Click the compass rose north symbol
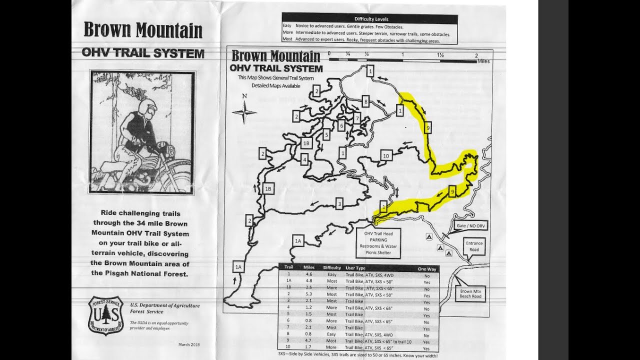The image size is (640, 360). (x=244, y=111)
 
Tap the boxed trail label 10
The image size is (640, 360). (x=385, y=156)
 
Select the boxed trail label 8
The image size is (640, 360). (x=365, y=101)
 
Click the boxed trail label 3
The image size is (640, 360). (x=339, y=203)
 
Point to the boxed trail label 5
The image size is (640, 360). (x=326, y=134)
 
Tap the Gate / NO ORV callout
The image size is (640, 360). (x=470, y=226)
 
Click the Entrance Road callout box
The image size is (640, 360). (x=474, y=246)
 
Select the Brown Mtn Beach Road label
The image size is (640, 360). (x=470, y=293)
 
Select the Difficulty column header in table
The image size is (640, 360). (x=332, y=268)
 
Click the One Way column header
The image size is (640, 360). (x=426, y=269)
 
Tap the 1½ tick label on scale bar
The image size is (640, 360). (x=440, y=54)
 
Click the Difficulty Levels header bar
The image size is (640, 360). (x=369, y=18)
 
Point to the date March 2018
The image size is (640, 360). (x=188, y=344)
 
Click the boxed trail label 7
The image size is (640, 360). (x=357, y=118)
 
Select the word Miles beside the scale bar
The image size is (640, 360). (x=483, y=61)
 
